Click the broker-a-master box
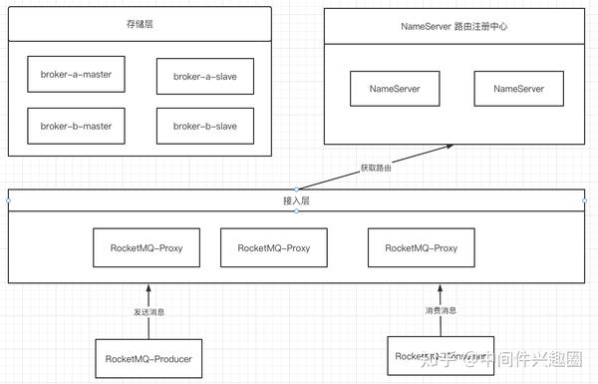pos(77,74)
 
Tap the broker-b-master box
pos(77,126)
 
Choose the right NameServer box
pos(519,89)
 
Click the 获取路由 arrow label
pos(376,167)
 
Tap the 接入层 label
pos(296,200)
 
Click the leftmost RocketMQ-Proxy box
pos(140,245)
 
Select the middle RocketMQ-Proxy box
pos(266,245)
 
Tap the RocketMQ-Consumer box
pos(440,355)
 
